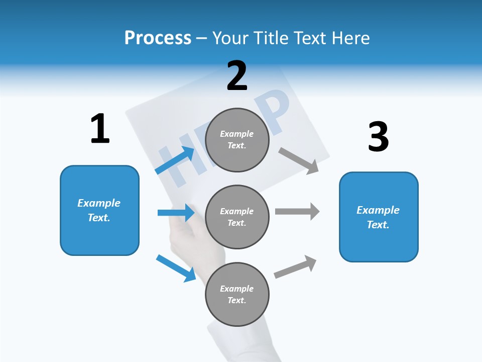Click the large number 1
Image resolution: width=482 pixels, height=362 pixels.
(x=100, y=129)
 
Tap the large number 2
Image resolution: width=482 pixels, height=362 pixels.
(x=237, y=76)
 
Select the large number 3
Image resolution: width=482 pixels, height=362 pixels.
(x=378, y=137)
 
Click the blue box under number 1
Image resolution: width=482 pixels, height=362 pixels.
(x=99, y=210)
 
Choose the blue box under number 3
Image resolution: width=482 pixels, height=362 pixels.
(x=379, y=217)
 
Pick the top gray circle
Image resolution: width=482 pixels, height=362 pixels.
(x=237, y=140)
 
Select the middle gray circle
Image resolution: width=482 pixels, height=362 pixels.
(x=237, y=217)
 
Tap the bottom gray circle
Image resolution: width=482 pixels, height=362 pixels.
(x=237, y=294)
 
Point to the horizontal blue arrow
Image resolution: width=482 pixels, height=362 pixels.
(x=176, y=213)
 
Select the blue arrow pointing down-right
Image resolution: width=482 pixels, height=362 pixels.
(x=176, y=267)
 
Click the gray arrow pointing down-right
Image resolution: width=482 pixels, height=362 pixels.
(x=299, y=160)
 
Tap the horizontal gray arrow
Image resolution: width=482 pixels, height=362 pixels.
(x=297, y=211)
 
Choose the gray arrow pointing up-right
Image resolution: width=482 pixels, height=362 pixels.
(x=296, y=267)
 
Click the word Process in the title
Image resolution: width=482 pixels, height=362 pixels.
(x=158, y=38)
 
